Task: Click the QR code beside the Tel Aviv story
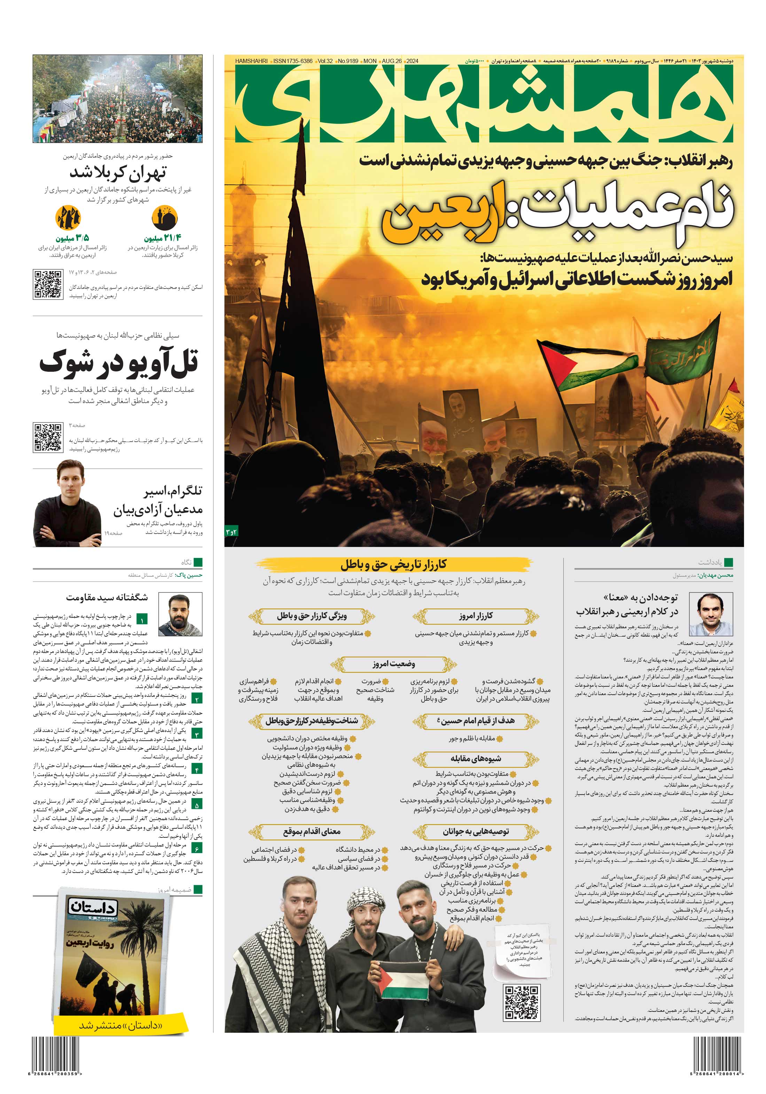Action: pos(48,436)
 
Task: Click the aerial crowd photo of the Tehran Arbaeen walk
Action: pos(117,98)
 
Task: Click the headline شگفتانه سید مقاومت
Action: pos(107,597)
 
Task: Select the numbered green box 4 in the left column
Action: pos(196,769)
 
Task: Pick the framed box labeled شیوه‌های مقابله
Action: pos(475,758)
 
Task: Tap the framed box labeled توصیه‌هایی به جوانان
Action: pos(475,832)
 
